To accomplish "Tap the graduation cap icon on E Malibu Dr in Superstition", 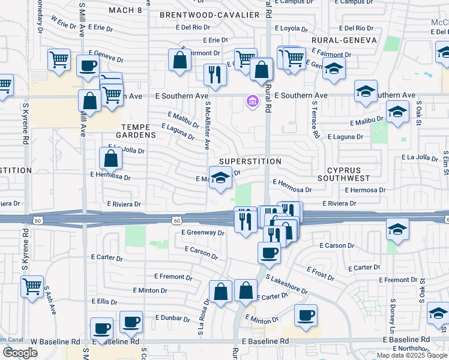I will (x=221, y=178).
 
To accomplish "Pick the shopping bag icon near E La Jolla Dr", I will (x=111, y=158).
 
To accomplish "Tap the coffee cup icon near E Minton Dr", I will (x=306, y=315).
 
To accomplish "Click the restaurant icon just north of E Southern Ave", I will (x=215, y=75).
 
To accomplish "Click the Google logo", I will (x=20, y=353).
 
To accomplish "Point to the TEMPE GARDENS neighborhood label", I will (x=139, y=131).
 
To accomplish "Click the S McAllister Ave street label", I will (x=206, y=125).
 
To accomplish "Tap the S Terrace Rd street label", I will (x=315, y=119).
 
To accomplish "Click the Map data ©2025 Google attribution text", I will (x=411, y=355).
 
